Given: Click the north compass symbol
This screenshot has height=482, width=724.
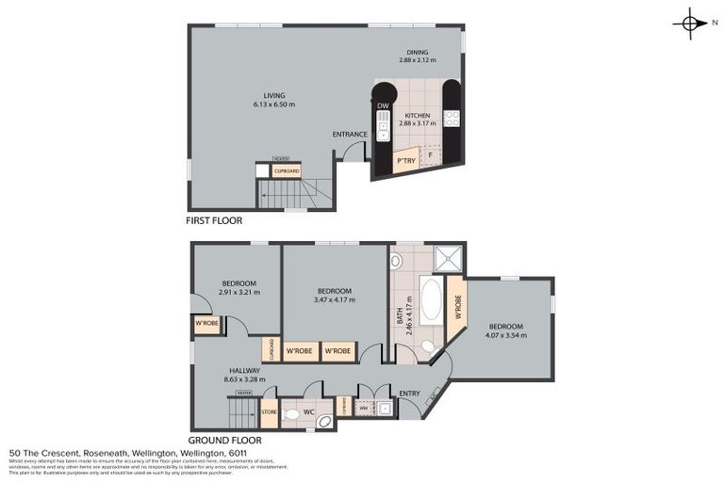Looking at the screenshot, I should tap(691, 24).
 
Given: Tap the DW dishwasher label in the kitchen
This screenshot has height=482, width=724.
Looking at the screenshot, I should tap(383, 106).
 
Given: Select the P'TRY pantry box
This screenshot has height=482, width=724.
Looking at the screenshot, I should tap(406, 162).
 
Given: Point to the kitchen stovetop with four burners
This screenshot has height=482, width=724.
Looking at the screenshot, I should tap(451, 119).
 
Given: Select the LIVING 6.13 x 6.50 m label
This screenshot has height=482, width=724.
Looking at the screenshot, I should tap(273, 100).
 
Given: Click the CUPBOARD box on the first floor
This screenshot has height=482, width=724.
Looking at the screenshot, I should tap(286, 171).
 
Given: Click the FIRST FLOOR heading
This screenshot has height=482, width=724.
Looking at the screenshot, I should tap(214, 221).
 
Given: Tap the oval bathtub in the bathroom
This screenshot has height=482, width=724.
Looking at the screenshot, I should tap(433, 298).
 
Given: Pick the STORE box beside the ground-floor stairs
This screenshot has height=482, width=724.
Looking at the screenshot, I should tap(269, 412).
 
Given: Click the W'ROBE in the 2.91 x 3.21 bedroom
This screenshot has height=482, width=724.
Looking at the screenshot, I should tap(207, 325).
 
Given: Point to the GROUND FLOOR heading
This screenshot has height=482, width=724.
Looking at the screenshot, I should tap(224, 440).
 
